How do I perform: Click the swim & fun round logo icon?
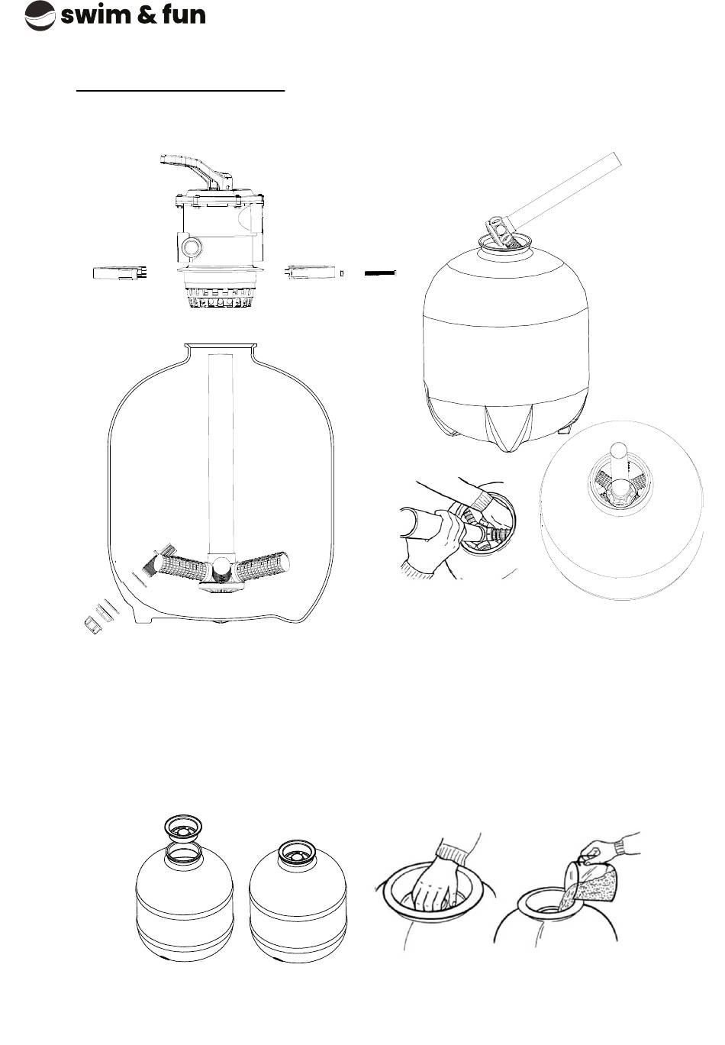pos(40,15)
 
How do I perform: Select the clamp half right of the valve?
pos(311,272)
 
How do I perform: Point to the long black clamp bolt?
pos(380,273)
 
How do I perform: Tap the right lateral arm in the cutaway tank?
pos(261,566)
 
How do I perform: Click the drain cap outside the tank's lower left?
pos(93,627)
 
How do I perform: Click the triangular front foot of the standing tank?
pos(507,427)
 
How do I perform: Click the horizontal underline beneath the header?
pos(181,90)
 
